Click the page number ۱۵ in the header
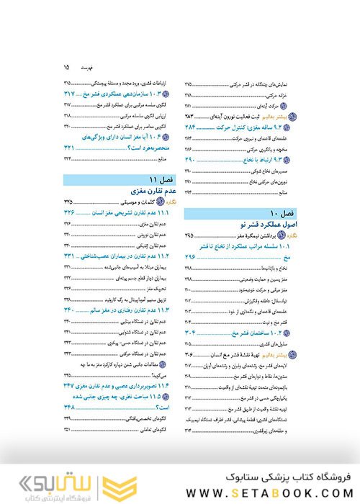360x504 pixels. pos(66,67)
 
